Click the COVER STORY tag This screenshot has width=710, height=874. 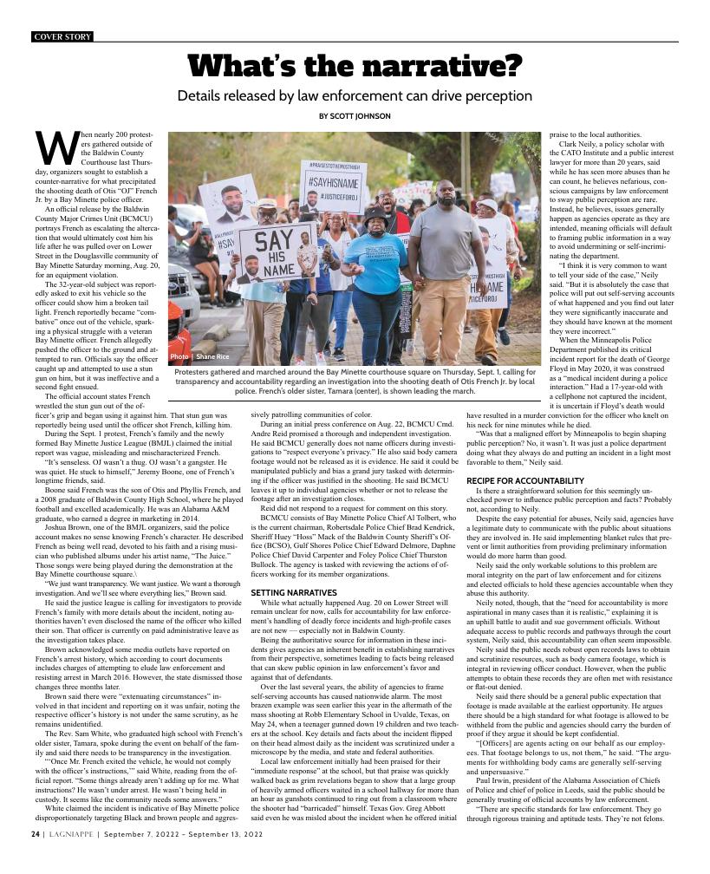61,36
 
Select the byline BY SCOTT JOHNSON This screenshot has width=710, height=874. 355,116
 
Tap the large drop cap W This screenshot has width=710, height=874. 55,148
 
